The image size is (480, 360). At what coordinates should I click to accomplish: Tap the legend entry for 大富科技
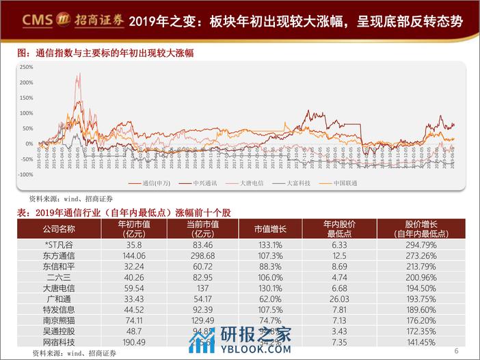(x=298, y=183)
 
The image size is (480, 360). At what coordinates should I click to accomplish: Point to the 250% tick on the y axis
(x=27, y=67)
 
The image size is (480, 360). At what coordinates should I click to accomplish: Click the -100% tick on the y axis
(x=26, y=174)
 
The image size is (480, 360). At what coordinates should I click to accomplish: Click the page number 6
(x=456, y=352)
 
